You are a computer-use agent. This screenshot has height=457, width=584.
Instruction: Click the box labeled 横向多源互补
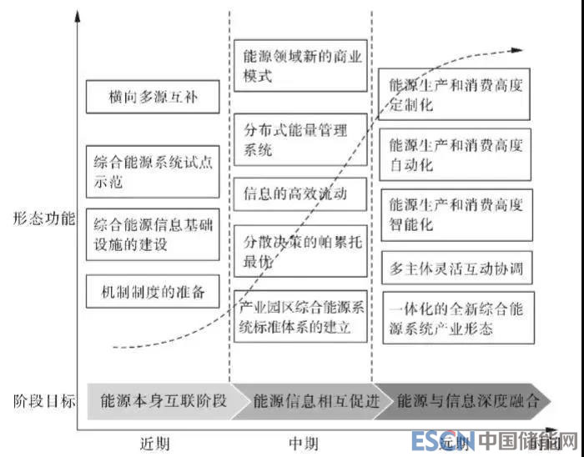pos(152,97)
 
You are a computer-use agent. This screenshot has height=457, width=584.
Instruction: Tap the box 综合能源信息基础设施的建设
pos(152,234)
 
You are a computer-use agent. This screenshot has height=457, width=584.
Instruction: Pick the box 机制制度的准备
pos(152,293)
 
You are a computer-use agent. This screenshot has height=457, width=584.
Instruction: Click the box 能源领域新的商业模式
pos(300,66)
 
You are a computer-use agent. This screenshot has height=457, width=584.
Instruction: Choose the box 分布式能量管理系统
pos(300,139)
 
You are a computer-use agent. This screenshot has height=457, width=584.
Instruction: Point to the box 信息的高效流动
pos(300,195)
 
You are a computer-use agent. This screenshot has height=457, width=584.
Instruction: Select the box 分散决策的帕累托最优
pos(300,251)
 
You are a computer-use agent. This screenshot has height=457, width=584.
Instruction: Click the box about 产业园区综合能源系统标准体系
pos(300,316)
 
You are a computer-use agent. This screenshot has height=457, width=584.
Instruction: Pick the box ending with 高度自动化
pos(456,153)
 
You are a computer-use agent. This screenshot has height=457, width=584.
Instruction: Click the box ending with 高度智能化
pos(456,213)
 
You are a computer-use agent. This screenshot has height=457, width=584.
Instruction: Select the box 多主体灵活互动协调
pos(456,269)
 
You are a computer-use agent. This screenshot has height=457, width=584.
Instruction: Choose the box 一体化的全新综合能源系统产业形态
pos(456,318)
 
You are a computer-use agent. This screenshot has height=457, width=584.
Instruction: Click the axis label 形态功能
pos(43,219)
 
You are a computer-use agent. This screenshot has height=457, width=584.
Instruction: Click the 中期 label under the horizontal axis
pos(303,442)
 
